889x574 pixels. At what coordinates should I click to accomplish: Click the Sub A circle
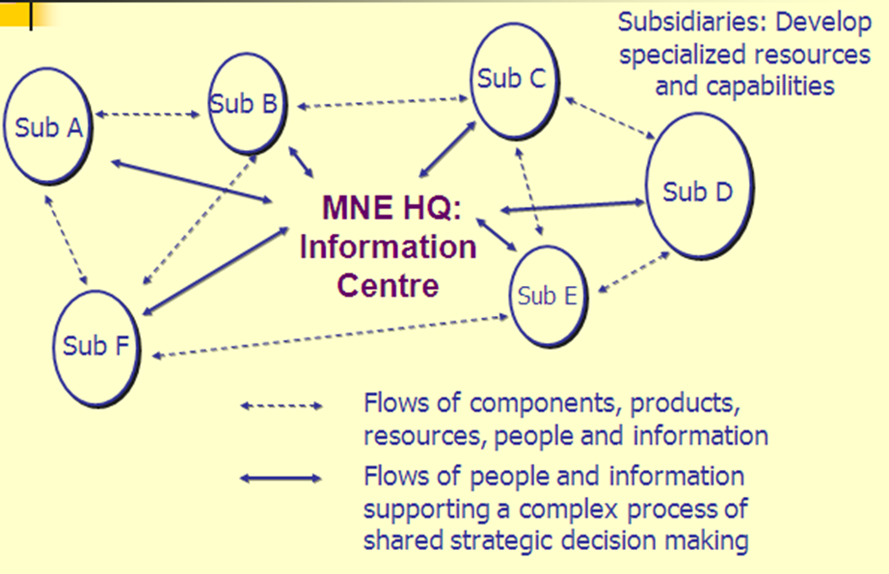(x=45, y=127)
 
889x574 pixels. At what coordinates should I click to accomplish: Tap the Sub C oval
(x=512, y=80)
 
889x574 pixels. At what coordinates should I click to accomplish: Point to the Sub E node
(x=547, y=296)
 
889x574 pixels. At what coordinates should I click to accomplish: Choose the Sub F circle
(x=94, y=345)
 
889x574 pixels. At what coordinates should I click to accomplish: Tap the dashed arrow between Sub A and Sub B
(x=149, y=116)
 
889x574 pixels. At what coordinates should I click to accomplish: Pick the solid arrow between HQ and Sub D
(x=572, y=205)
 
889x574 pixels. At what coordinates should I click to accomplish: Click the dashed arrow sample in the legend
(x=281, y=405)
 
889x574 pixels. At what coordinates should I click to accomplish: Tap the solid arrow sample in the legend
(x=281, y=478)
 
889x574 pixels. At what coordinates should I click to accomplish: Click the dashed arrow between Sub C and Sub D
(x=608, y=118)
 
